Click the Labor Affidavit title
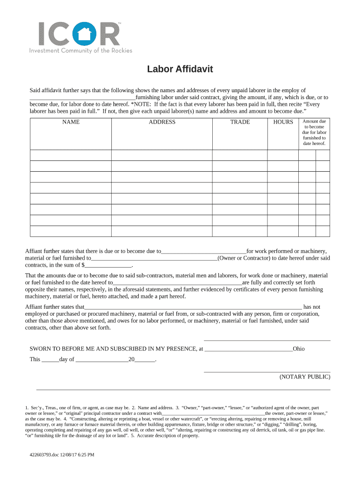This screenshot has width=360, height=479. tap(180, 69)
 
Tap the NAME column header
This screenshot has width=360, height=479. tap(71, 122)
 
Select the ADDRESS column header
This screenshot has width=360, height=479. tap(162, 122)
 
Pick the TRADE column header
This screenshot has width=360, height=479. tap(240, 122)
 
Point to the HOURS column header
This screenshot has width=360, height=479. tap(283, 122)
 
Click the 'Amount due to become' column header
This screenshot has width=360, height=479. tap(314, 132)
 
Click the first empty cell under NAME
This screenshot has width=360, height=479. tap(71, 155)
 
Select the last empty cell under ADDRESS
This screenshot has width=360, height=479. tap(162, 231)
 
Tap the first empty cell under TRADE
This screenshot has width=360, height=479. tap(240, 155)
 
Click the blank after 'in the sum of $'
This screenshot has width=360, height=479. tap(105, 265)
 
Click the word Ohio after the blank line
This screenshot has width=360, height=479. tap(298, 349)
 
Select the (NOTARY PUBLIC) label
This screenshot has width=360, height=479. tap(305, 377)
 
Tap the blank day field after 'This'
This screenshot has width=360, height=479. tap(50, 360)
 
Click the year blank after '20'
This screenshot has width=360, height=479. tap(144, 360)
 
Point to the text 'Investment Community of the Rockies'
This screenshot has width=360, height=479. tap(81, 51)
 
